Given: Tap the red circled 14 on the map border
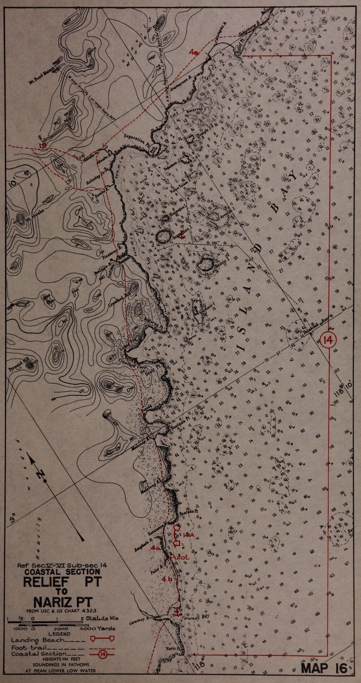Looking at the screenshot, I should (329, 340).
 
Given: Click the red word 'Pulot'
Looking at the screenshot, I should (179, 557).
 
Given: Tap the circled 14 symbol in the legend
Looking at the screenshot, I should (104, 654).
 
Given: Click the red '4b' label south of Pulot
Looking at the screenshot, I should (167, 579).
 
